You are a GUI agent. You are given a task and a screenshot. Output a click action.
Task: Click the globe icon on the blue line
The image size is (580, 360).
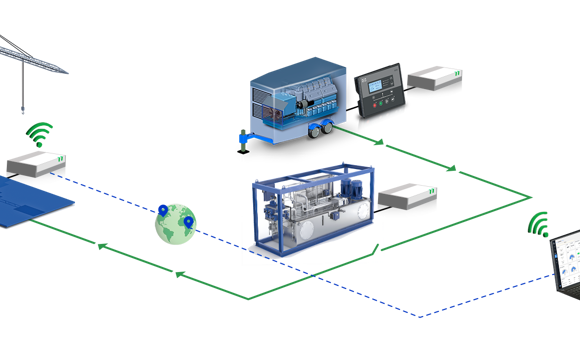tap(175, 225)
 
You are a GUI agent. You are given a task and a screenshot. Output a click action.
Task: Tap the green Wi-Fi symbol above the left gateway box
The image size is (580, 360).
tap(39, 134)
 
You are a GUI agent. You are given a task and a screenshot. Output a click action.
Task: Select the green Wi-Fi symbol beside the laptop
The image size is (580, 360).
tap(541, 225)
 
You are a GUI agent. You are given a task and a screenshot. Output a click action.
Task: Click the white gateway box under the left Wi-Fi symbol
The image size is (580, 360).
tap(34, 169)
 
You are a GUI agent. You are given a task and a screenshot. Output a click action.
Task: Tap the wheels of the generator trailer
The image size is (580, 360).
tap(323, 129)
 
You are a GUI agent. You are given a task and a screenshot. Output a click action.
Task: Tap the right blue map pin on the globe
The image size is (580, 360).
tap(186, 215)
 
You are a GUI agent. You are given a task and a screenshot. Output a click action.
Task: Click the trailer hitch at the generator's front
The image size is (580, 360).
tap(242, 134)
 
